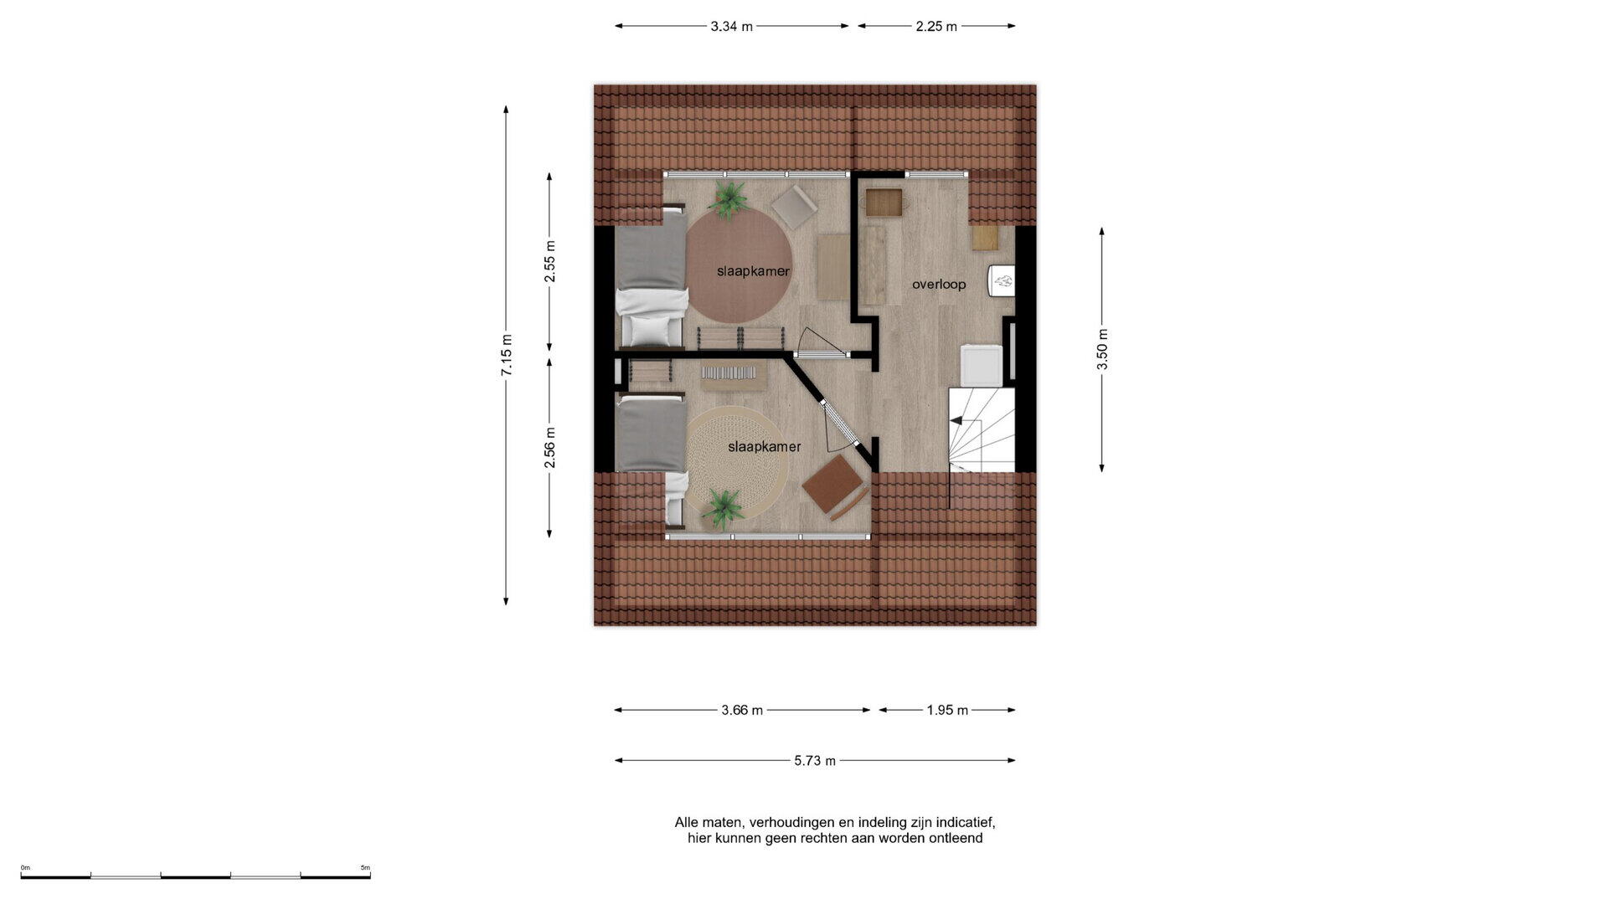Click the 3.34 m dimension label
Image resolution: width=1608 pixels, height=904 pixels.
point(731,26)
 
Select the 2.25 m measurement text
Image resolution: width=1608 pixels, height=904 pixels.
point(936,26)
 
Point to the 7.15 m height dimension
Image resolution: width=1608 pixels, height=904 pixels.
point(507,355)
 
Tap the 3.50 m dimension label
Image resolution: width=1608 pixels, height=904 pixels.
point(1102,349)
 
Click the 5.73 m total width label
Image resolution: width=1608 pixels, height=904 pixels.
point(815,761)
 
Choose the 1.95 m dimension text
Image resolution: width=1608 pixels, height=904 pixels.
point(947,711)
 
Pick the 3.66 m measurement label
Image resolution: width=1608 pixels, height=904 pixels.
point(742,711)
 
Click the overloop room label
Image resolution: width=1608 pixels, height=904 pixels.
point(939,285)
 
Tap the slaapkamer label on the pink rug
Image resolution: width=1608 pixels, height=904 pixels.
point(753,271)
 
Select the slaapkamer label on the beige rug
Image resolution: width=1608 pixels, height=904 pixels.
point(765,447)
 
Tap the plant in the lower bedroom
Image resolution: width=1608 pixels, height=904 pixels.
point(722,508)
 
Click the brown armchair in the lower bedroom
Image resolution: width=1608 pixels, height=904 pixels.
point(835,487)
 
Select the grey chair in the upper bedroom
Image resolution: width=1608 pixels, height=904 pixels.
point(794,206)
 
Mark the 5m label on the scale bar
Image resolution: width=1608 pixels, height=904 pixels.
point(365,868)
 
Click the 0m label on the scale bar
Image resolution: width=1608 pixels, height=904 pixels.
point(25,868)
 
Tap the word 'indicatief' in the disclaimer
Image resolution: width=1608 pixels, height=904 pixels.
point(965,823)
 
